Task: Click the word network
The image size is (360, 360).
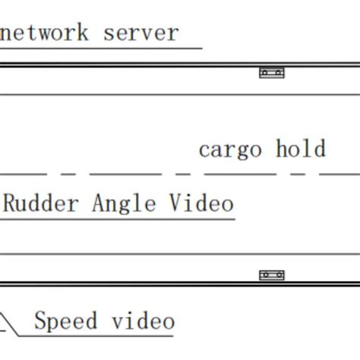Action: (x=45, y=33)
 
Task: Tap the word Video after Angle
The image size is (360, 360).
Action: (x=200, y=204)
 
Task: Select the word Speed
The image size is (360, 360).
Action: (x=66, y=321)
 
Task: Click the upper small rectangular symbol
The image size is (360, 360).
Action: (x=271, y=74)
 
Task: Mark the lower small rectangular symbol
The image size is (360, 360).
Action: (x=271, y=276)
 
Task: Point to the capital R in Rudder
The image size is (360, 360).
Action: (x=11, y=204)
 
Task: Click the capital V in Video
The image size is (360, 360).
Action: (x=175, y=204)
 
